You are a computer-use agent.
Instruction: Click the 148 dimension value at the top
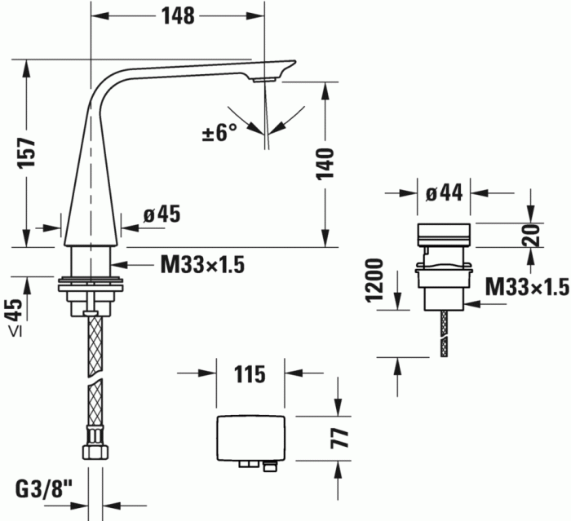pyautogui.click(x=177, y=15)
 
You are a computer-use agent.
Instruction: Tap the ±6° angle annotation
pyautogui.click(x=219, y=133)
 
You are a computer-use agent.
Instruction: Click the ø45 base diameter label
pyautogui.click(x=161, y=214)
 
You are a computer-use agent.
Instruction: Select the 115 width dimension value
pyautogui.click(x=250, y=374)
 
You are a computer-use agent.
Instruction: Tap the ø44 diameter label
pyautogui.click(x=445, y=192)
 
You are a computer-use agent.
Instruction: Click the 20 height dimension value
pyautogui.click(x=532, y=236)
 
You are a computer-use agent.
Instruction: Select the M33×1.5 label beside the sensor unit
pyautogui.click(x=526, y=287)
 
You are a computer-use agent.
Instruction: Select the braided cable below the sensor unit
pyautogui.click(x=445, y=330)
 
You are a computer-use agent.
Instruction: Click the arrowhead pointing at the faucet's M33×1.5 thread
pyautogui.click(x=117, y=264)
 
